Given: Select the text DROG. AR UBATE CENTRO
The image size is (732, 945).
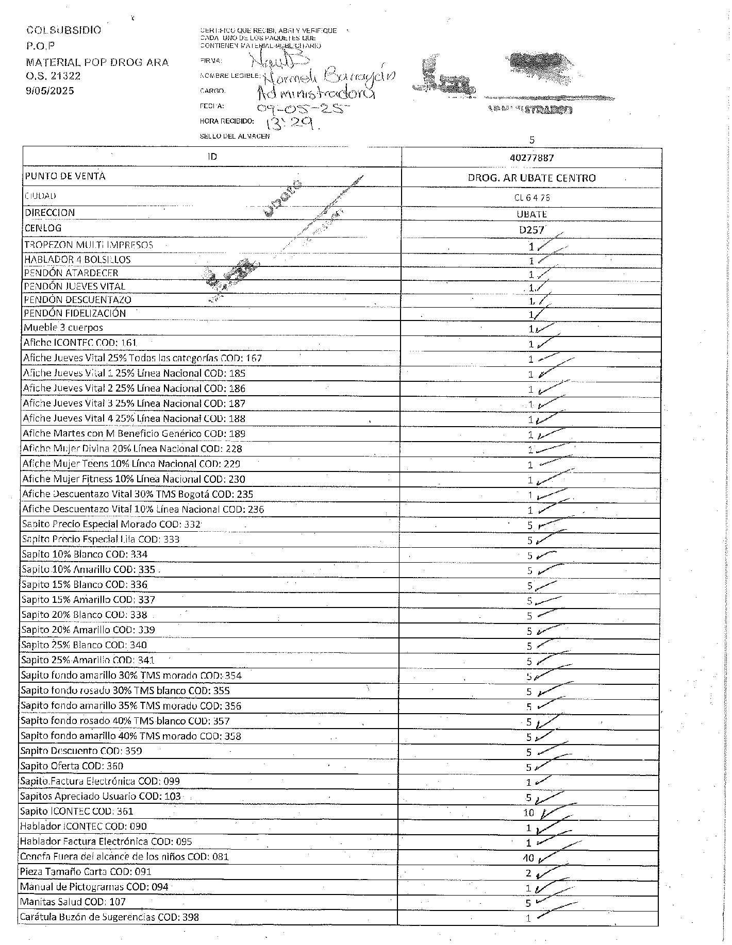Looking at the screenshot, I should pyautogui.click(x=531, y=178).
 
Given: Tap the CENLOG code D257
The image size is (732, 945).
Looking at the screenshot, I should pyautogui.click(x=531, y=230).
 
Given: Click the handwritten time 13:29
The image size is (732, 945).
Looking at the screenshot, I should pyautogui.click(x=290, y=123).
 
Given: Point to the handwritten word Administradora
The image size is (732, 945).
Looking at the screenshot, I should pyautogui.click(x=315, y=93).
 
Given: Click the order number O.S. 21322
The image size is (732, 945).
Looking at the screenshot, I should pyautogui.click(x=53, y=76).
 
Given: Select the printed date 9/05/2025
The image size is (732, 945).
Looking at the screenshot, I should pyautogui.click(x=50, y=91).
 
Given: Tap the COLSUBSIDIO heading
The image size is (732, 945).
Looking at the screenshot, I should pyautogui.click(x=63, y=30).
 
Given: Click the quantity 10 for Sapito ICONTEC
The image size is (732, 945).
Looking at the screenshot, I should pyautogui.click(x=528, y=813).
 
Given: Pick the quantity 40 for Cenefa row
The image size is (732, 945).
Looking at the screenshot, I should pyautogui.click(x=528, y=858).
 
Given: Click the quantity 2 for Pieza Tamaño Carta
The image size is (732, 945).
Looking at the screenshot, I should pyautogui.click(x=528, y=873).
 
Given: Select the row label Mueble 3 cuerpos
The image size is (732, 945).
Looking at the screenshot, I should pyautogui.click(x=63, y=328).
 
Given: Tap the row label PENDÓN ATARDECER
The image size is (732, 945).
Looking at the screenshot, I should pyautogui.click(x=71, y=273).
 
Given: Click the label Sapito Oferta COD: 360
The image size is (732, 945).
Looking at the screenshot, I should pyautogui.click(x=72, y=766).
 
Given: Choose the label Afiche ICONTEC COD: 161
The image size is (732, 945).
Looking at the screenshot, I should pyautogui.click(x=80, y=343).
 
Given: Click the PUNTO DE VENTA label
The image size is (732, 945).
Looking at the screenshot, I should pyautogui.click(x=65, y=176).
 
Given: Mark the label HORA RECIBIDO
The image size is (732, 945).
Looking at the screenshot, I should pyautogui.click(x=226, y=122).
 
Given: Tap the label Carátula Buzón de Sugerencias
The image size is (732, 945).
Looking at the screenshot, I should pyautogui.click(x=109, y=917).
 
